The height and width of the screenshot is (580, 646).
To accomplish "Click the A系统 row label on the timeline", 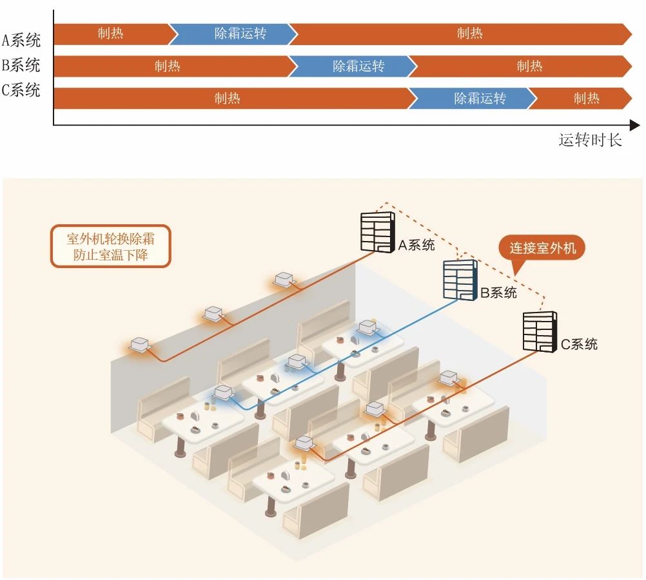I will (x=21, y=40).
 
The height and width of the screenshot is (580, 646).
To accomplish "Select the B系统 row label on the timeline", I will (x=21, y=65).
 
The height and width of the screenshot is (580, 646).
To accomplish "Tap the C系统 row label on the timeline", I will (x=21, y=90).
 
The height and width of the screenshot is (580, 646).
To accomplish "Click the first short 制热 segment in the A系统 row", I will (x=110, y=34).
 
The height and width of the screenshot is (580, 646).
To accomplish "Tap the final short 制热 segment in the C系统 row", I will (x=583, y=98).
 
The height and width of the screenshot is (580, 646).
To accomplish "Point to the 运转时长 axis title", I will (x=590, y=140).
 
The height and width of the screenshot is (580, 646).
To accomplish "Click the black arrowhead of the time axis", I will (x=635, y=125).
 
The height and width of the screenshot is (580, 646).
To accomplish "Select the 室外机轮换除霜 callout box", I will (x=110, y=246).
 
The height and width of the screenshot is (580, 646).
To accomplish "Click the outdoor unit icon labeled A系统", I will (x=377, y=231).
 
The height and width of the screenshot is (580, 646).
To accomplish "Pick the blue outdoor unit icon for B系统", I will (x=460, y=279).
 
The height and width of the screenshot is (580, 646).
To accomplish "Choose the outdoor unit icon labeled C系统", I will (x=538, y=331).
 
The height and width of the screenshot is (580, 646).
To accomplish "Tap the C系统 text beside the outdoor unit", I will (x=579, y=344).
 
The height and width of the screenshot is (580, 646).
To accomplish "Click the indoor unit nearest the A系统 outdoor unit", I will (x=284, y=279).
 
